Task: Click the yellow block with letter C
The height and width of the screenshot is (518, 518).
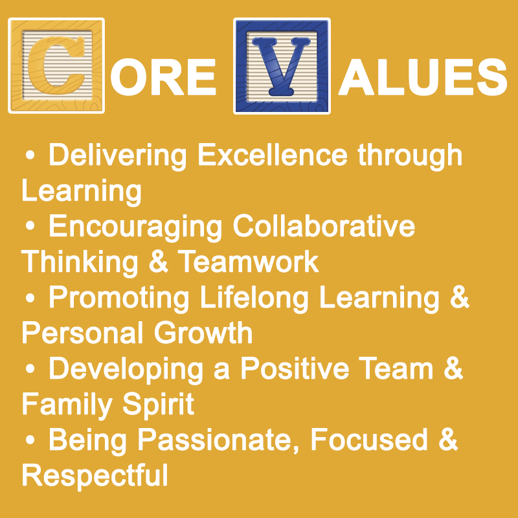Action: [56, 65]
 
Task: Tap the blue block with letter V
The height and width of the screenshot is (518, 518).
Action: [282, 66]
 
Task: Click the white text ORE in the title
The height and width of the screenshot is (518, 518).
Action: [163, 77]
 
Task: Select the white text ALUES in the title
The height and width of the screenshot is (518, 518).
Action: [423, 77]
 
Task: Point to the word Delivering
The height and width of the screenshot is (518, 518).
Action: [118, 155]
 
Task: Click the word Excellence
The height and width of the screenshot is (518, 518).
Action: [273, 155]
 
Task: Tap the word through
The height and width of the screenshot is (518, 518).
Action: [410, 155]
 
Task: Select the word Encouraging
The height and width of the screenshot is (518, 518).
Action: [135, 227]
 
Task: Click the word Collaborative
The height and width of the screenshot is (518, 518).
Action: [324, 226]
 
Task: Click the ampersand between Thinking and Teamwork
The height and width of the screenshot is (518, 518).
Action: [158, 262]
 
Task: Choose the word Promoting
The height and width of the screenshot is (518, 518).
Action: [119, 298]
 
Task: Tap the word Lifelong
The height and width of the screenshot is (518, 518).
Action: [254, 298]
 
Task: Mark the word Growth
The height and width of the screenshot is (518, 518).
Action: [203, 333]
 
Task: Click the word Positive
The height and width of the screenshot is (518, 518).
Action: [295, 368]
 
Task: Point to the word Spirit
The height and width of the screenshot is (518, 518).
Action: [158, 405]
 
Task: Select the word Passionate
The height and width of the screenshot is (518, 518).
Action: [218, 440]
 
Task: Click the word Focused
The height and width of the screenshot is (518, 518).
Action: [369, 440]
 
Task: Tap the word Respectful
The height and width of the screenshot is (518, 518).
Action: [95, 477]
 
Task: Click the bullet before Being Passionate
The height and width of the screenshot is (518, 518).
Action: [30, 440]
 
